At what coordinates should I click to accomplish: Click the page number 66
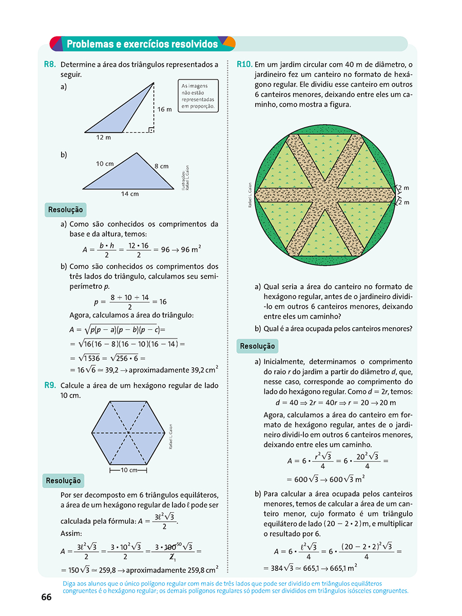[x=47, y=598]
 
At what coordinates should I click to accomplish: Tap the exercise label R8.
[x=50, y=65]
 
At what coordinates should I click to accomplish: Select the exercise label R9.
[x=50, y=386]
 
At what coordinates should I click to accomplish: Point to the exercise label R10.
[x=244, y=65]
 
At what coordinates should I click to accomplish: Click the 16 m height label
[x=164, y=109]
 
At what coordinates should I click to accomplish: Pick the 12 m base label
[x=103, y=137]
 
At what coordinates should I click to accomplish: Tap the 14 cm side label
[x=130, y=194]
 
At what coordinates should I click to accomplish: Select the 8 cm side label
[x=161, y=166]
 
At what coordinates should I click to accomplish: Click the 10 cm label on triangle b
[x=105, y=164]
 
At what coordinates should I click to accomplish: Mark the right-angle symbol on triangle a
[x=150, y=129]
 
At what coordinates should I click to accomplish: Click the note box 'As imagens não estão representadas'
[x=198, y=96]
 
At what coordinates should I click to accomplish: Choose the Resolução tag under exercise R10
[x=257, y=346]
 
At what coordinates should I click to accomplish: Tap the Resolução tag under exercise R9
[x=63, y=481]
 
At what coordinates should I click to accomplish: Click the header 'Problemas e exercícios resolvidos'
[x=142, y=44]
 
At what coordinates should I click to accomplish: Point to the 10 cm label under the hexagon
[x=128, y=470]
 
